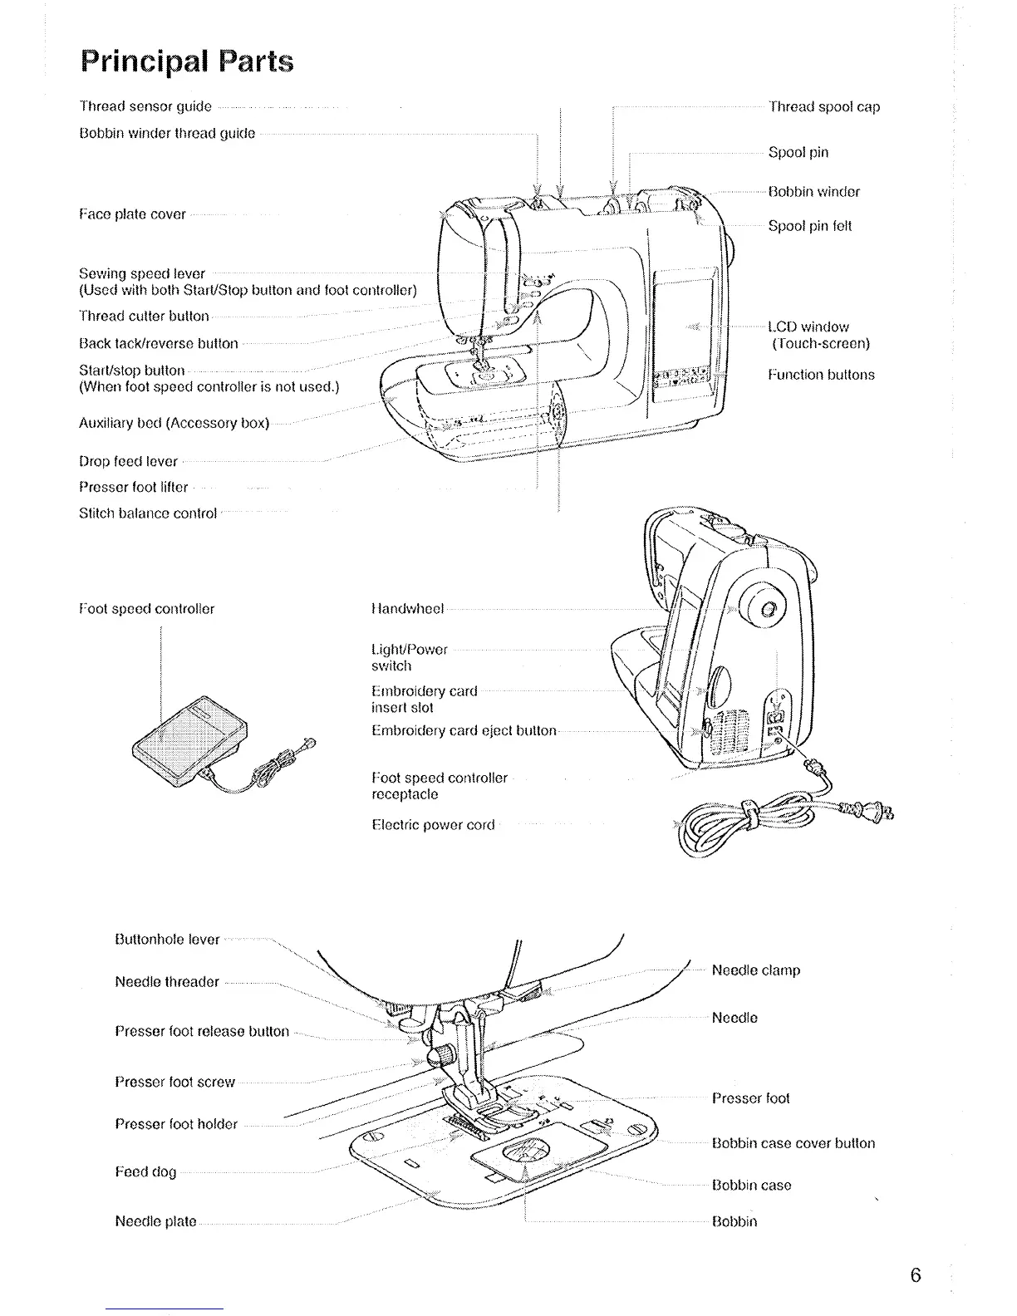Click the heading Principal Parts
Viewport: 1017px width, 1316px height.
coord(187,61)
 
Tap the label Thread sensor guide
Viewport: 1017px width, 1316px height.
coord(145,106)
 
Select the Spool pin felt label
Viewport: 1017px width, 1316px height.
coord(810,226)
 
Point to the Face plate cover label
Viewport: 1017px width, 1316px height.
coord(132,214)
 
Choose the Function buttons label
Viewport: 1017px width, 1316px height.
coord(821,375)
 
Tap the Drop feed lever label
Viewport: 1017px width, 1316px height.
coord(128,461)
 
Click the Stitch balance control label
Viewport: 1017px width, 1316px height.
coord(148,513)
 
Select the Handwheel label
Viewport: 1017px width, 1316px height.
coord(408,609)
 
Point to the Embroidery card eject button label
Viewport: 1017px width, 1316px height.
coord(464,731)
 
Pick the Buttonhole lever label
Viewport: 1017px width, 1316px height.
coord(167,940)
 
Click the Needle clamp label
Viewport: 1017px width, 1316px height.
coord(756,970)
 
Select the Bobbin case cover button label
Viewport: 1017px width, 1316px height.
coord(793,1143)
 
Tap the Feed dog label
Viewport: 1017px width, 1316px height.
coord(145,1172)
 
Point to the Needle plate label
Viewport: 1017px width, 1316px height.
coord(155,1221)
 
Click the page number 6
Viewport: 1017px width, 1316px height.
coord(915,1275)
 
